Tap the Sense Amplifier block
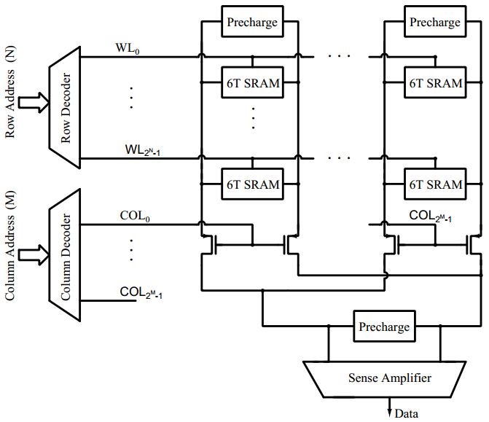[389, 378]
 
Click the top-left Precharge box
[252, 23]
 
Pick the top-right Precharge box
[435, 23]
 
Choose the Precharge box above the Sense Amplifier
[384, 327]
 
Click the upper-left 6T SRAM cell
[252, 82]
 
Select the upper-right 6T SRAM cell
[435, 82]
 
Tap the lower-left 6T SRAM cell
[252, 184]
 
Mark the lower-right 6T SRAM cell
[435, 184]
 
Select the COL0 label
[134, 216]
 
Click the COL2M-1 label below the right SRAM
[430, 216]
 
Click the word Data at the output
[407, 414]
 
